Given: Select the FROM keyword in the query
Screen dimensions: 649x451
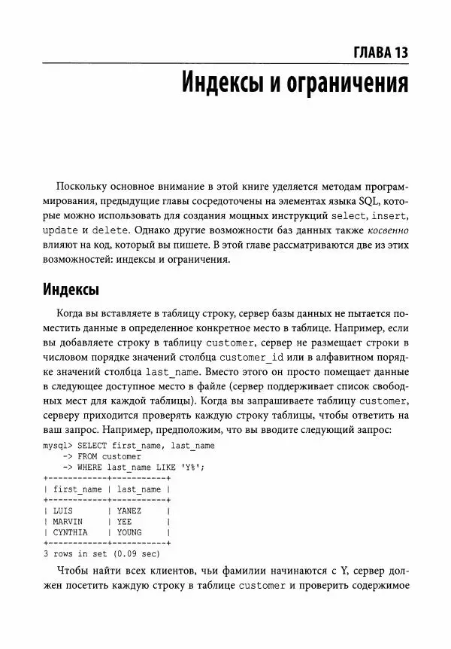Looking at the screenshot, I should pos(88,456).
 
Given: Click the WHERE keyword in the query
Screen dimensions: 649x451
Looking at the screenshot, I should pos(90,467).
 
